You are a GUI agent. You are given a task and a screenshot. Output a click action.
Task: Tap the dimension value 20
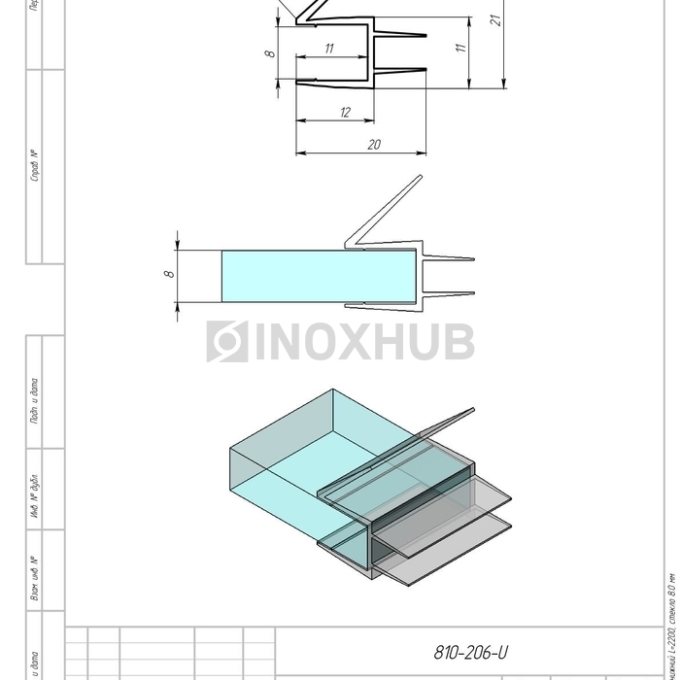pos(374,145)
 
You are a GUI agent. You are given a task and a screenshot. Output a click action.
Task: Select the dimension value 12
pos(345,113)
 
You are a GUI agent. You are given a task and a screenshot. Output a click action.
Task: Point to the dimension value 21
pos(496,19)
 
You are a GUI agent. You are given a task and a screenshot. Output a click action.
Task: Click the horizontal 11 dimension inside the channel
pos(329,49)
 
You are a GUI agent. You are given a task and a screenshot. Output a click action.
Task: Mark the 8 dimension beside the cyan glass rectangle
pos(168,274)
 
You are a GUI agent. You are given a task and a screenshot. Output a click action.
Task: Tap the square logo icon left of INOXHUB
pos(226,342)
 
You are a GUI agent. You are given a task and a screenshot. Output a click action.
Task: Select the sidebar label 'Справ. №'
pos(35,165)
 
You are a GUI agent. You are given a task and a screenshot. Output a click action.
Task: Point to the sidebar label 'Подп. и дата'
pos(35,398)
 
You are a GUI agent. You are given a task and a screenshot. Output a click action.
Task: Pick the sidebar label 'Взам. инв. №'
pos(35,577)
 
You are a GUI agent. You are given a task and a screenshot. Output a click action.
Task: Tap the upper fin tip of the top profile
pos(425,36)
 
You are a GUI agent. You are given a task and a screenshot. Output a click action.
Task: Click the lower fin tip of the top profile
pos(425,69)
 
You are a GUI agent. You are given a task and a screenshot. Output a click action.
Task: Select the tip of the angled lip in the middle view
pos(421,177)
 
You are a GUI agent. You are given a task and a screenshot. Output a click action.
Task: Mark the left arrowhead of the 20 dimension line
pos(297,153)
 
